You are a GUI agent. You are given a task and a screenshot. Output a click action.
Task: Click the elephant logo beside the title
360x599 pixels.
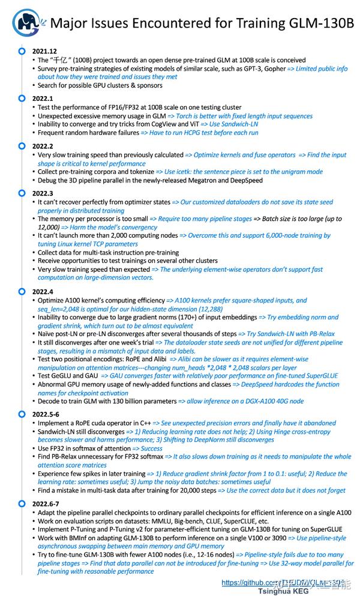[x=25, y=22]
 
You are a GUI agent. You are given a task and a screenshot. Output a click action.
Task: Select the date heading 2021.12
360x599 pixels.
[x=45, y=52]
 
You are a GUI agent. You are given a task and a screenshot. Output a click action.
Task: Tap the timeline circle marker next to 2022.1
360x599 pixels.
[x=22, y=98]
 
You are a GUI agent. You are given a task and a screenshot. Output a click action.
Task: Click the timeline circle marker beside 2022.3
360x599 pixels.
[x=22, y=193]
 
